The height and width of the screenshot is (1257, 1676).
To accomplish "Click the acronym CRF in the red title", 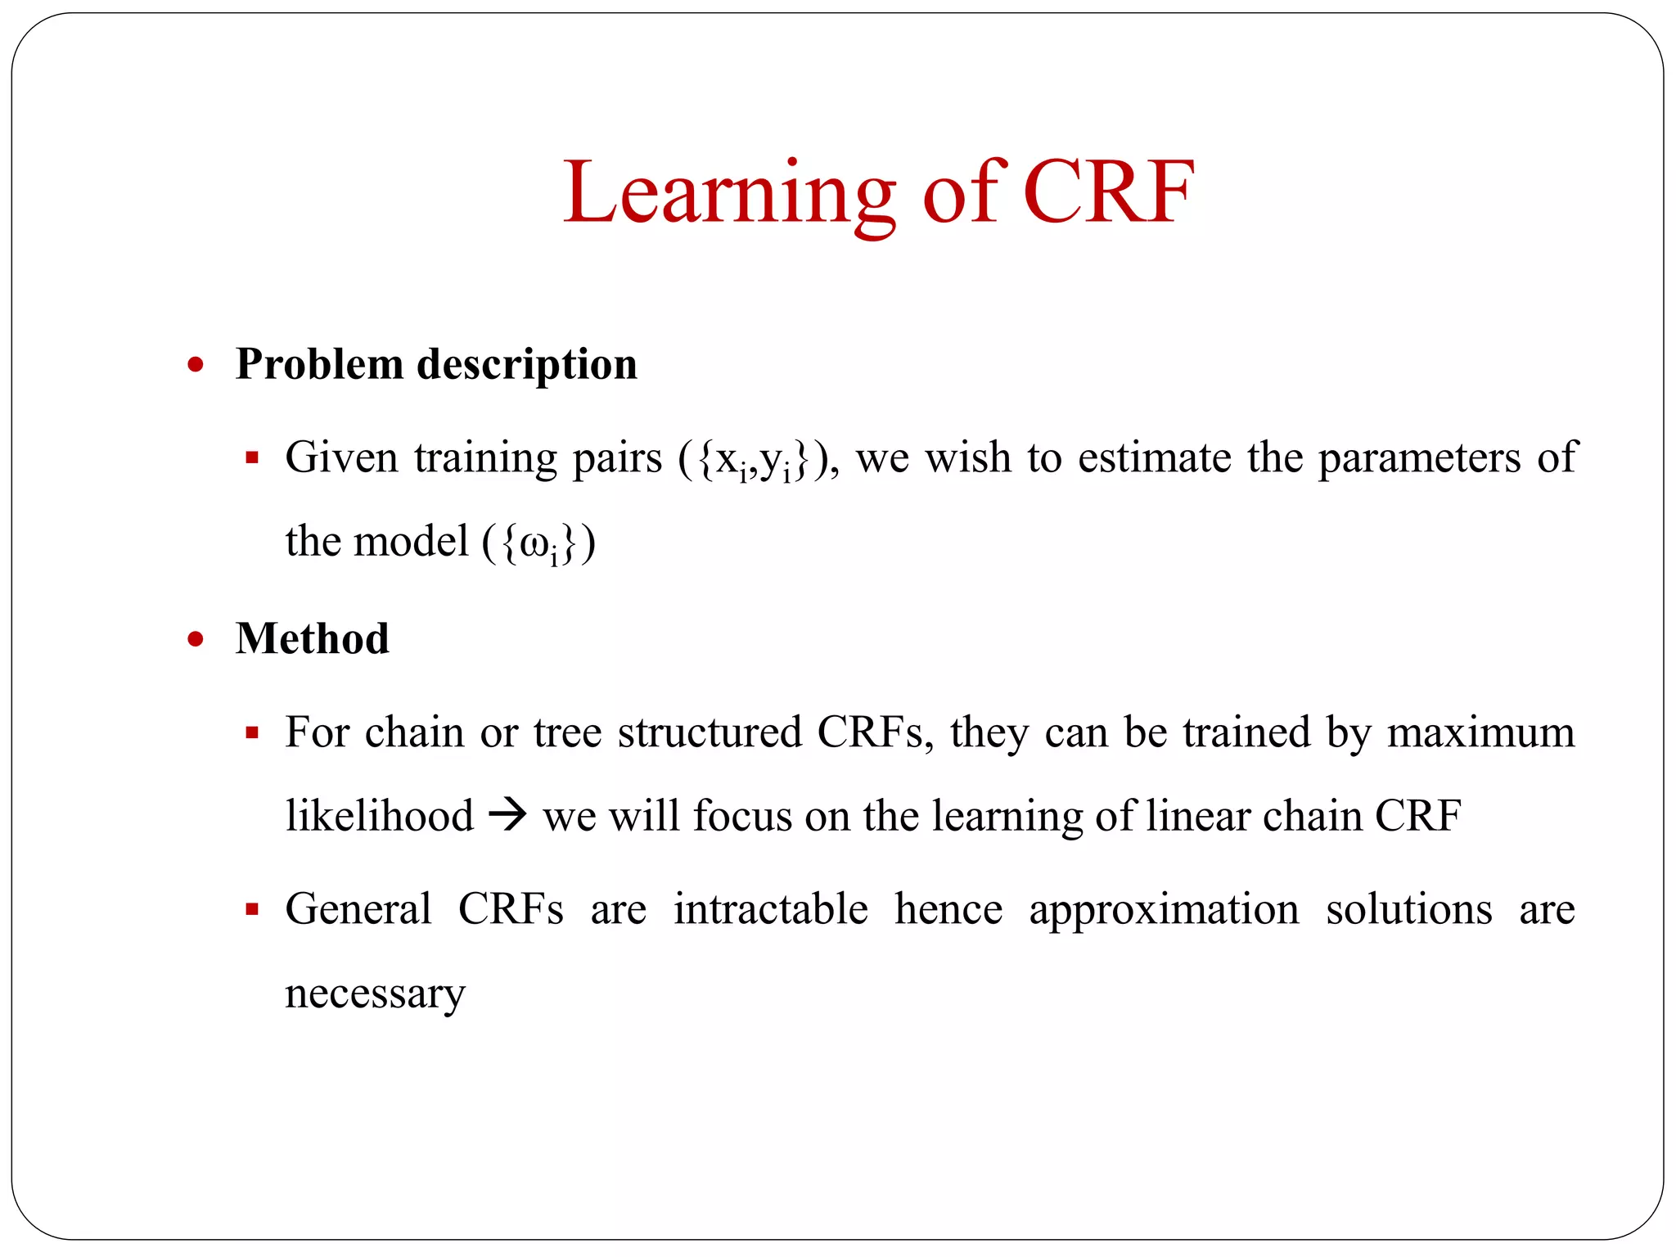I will coord(1108,193).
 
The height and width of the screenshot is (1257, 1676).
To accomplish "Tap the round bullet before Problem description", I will coord(195,365).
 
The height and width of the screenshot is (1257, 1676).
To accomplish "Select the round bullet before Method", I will coord(195,639).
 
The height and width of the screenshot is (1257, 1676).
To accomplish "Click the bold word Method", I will coord(312,639).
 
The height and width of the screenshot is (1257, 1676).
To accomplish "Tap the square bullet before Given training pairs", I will coord(252,457).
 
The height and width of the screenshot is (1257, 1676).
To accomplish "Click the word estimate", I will coord(1153,457).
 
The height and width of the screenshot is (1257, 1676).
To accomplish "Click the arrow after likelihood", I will coord(508,816).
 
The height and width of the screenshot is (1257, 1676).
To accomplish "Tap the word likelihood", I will coord(379,816).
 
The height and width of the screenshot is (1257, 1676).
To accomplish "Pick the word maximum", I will coord(1480,732).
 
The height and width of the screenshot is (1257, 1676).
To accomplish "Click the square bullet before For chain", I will coord(252,732).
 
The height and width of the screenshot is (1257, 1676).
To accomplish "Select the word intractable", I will coord(770,910).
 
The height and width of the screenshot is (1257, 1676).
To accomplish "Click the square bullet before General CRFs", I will coord(252,909).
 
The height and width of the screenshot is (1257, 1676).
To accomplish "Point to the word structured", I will coord(710,732).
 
